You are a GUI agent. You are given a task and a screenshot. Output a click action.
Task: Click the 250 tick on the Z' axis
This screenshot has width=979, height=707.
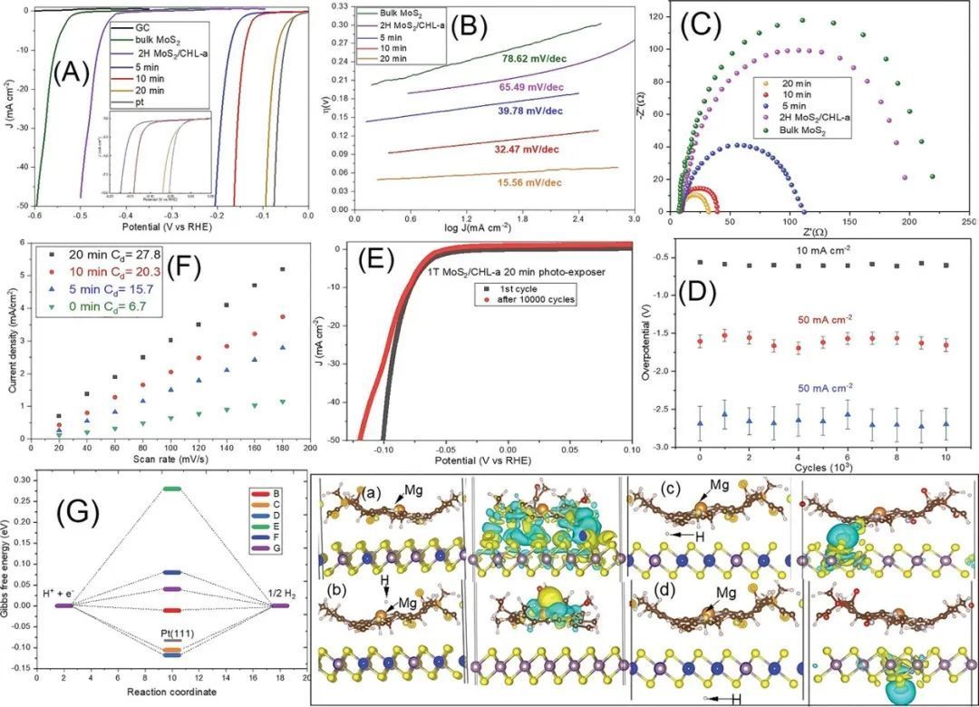[x=968, y=222]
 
